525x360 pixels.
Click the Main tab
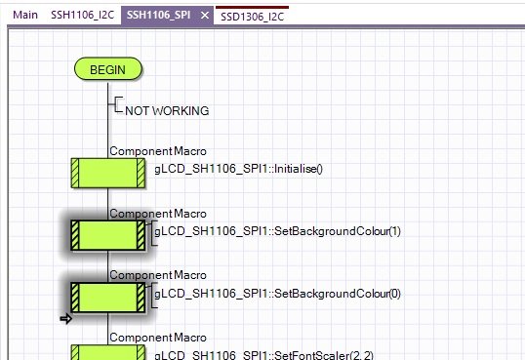coord(25,15)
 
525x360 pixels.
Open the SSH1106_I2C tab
coord(82,15)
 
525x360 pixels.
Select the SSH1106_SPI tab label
coord(158,15)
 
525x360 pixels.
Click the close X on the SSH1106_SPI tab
coord(205,16)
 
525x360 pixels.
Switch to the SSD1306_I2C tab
coord(252,17)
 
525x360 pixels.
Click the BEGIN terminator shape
coord(107,69)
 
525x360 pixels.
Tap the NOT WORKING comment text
coord(167,111)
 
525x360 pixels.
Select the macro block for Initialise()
coord(108,173)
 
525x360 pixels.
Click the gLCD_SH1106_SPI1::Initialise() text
coord(238,169)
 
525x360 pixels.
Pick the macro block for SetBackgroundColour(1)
coord(108,235)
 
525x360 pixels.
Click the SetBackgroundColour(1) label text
coord(277,231)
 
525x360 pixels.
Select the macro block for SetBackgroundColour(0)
coord(108,298)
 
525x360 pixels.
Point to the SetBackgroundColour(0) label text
coord(277,294)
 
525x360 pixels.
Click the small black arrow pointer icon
coord(66,319)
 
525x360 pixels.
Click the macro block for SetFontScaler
coord(108,352)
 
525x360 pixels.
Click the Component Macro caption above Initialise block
coord(158,151)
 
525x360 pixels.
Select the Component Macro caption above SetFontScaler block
coord(158,338)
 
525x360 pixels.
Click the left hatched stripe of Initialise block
coord(75,173)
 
